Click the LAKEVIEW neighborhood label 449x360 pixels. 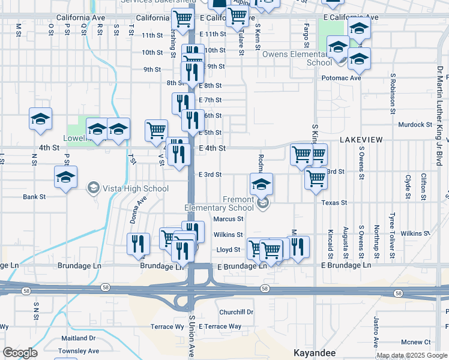point(361,139)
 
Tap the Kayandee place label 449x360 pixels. point(314,352)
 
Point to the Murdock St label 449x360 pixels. point(415,125)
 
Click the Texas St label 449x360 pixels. point(334,203)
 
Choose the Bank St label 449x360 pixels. point(34,197)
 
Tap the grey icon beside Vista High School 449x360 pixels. point(93,188)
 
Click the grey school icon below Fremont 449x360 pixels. point(262,205)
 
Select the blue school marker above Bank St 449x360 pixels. point(65,177)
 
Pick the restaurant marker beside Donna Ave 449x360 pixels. point(139,242)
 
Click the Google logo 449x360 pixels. point(20,353)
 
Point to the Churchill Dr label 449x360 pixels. point(236,312)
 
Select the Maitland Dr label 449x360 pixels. point(78,338)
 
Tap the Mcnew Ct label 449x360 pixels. point(416,342)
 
